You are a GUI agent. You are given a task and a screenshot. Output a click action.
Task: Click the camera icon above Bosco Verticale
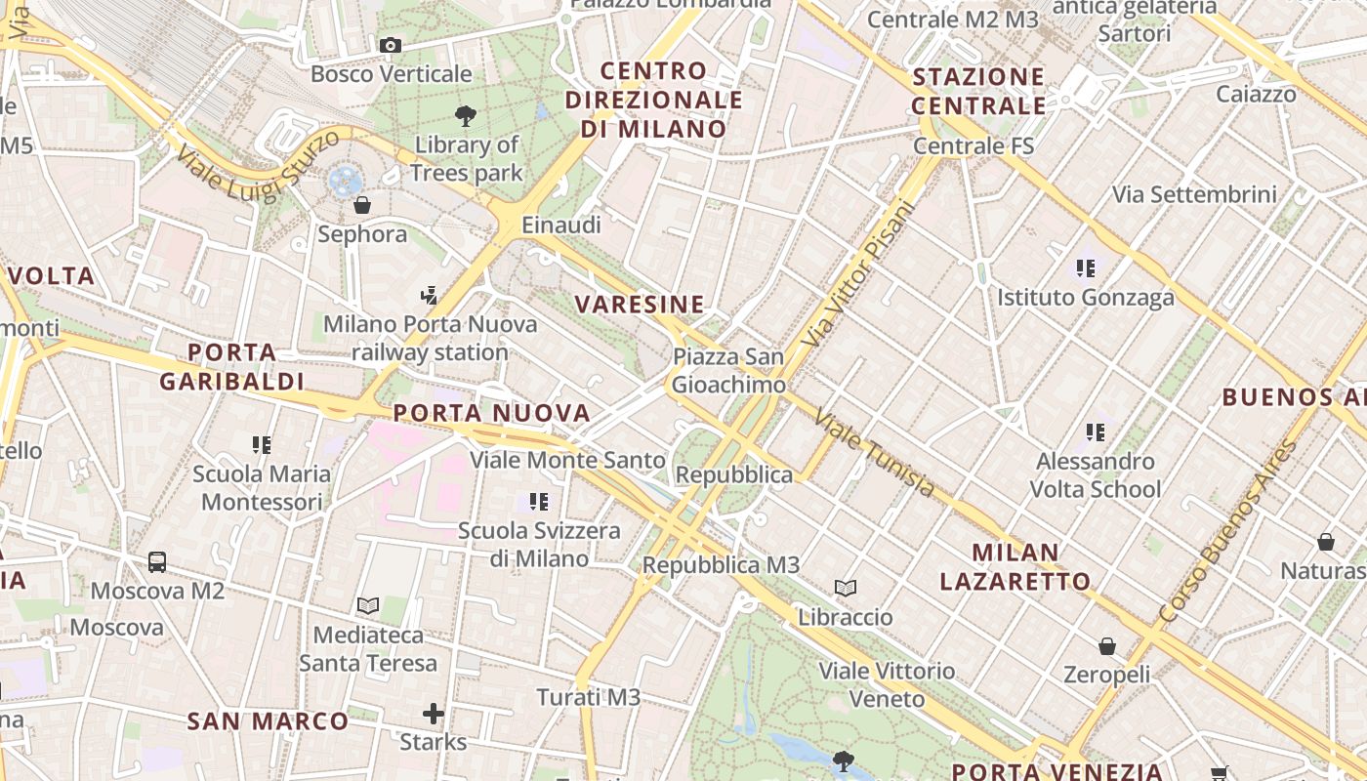(x=390, y=46)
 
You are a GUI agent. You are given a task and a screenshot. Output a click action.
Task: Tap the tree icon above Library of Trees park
(x=466, y=116)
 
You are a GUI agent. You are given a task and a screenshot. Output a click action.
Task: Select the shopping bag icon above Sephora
(x=362, y=205)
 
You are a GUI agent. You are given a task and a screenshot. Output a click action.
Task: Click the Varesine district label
(x=640, y=305)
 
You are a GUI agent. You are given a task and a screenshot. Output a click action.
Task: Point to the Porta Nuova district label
(x=492, y=413)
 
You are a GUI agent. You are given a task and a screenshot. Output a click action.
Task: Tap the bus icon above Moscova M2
(x=157, y=562)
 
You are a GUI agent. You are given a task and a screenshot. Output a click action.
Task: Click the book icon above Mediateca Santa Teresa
(x=368, y=606)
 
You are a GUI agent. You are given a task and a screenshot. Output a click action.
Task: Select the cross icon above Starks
(x=434, y=714)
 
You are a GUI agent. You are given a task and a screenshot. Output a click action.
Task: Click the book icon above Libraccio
(x=846, y=589)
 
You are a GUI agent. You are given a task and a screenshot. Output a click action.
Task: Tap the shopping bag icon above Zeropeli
(x=1107, y=646)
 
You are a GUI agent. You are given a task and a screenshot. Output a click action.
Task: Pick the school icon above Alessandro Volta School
(x=1096, y=432)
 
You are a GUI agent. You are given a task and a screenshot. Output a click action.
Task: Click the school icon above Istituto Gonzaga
(x=1085, y=267)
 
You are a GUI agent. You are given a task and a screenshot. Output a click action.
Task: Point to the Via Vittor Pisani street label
(x=859, y=274)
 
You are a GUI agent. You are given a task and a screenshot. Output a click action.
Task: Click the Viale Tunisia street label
(x=874, y=452)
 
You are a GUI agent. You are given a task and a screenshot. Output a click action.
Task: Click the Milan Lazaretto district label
(x=1015, y=567)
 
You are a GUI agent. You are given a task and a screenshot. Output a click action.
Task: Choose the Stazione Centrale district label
(x=978, y=91)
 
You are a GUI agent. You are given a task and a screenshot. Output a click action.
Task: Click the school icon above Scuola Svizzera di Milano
(x=538, y=502)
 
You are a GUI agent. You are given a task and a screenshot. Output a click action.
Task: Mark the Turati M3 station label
(x=589, y=697)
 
